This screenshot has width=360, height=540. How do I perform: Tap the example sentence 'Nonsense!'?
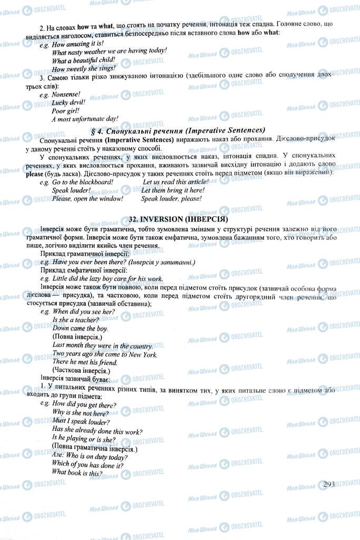(66, 94)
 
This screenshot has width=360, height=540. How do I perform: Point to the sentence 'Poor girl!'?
(65, 111)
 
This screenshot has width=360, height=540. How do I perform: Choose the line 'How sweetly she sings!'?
(83, 68)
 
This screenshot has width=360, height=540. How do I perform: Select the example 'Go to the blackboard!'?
(83, 181)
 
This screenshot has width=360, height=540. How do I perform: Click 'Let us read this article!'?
(176, 181)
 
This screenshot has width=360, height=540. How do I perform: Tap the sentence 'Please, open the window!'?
(87, 198)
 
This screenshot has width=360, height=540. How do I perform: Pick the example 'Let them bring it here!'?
(173, 190)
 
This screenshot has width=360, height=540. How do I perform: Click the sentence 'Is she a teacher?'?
(76, 320)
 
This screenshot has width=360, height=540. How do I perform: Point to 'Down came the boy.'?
(80, 328)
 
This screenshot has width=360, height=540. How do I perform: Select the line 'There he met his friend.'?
(85, 362)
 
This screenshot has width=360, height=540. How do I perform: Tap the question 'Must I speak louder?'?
(81, 422)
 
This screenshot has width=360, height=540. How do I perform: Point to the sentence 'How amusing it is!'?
(78, 43)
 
